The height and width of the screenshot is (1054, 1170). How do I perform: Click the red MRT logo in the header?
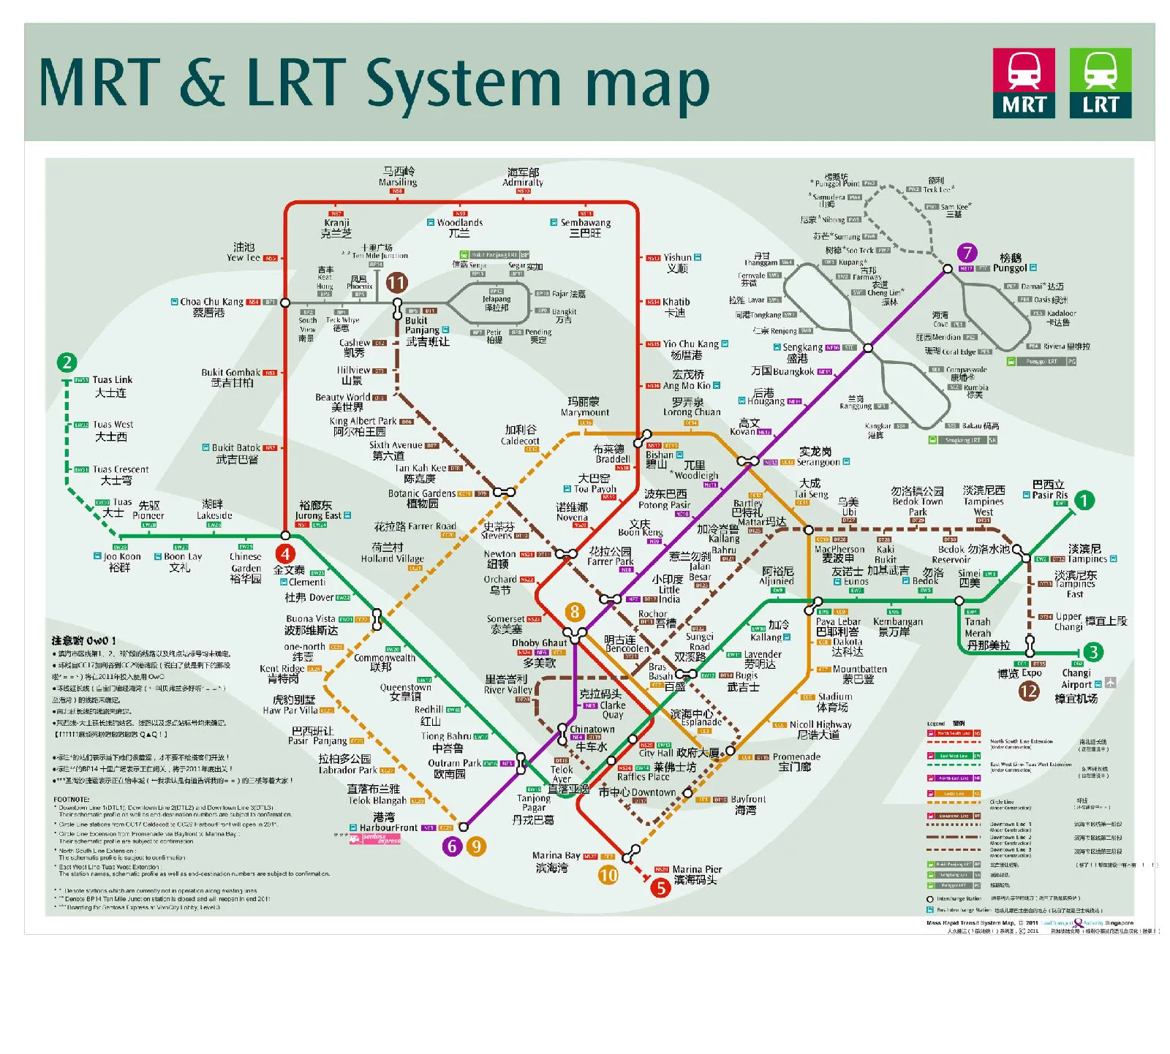coord(1023,83)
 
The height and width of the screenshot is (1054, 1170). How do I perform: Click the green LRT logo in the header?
coord(1100,83)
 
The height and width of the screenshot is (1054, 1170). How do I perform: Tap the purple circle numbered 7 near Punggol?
coord(967,253)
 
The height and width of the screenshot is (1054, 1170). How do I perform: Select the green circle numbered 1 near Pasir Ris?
coord(1083,501)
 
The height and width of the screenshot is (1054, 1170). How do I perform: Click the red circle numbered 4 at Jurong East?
coord(285,554)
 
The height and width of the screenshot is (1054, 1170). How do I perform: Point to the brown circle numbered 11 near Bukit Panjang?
coord(396,282)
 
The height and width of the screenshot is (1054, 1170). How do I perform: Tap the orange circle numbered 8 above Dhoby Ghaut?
coord(575,611)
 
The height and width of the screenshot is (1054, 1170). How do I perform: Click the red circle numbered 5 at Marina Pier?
coord(660,887)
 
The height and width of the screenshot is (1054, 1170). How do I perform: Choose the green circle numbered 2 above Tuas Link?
coord(67,362)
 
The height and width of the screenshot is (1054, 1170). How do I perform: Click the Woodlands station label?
coord(459,222)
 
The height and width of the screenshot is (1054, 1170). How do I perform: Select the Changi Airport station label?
coord(1076,678)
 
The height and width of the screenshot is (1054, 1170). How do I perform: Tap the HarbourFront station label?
coord(388,827)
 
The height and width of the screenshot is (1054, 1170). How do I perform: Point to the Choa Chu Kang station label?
coord(211,301)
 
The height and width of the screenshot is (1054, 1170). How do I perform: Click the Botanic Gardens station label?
coord(421,493)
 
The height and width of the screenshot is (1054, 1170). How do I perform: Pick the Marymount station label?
coord(584,412)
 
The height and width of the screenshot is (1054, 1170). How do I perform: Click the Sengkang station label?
coord(802,347)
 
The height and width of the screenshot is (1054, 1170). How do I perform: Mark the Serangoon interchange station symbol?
coord(747,460)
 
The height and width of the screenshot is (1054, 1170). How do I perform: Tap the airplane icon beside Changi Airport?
coord(1110,683)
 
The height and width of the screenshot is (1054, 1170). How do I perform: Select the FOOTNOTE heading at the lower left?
coord(71,799)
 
